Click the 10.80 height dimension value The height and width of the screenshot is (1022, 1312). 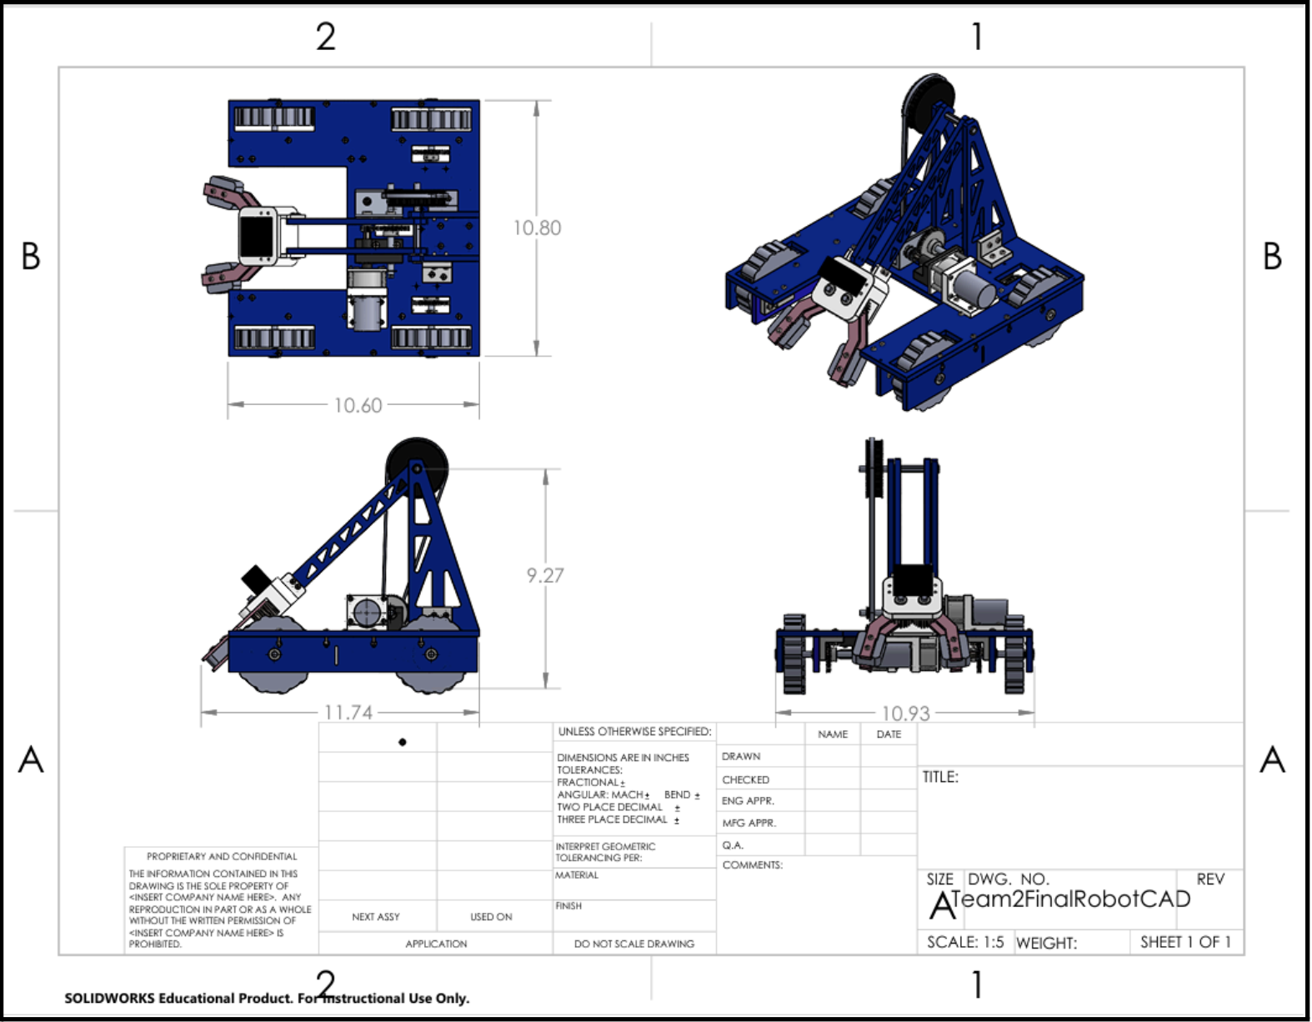(x=537, y=228)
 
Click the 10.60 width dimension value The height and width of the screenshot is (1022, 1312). (x=358, y=405)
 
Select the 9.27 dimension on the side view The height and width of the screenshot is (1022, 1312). (x=545, y=575)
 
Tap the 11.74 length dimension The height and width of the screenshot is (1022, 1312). (x=348, y=713)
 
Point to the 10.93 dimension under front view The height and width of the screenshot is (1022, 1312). (x=905, y=714)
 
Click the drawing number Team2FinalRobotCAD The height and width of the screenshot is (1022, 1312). (x=1071, y=899)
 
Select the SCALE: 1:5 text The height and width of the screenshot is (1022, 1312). (x=965, y=942)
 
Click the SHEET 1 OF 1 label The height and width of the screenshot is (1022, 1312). (x=1185, y=942)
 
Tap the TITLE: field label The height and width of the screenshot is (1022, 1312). (x=940, y=777)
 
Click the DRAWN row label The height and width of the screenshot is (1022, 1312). (x=741, y=756)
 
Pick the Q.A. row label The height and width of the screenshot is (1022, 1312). (x=733, y=844)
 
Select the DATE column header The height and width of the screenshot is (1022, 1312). (x=889, y=734)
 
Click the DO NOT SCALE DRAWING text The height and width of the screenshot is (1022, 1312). (x=633, y=944)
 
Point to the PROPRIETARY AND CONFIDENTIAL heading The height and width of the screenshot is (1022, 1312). (x=222, y=856)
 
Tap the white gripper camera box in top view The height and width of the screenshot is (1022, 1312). (x=258, y=235)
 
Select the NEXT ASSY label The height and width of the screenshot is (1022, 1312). (x=376, y=917)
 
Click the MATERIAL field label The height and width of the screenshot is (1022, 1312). (x=577, y=875)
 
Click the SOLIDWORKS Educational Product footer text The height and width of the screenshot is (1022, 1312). (x=267, y=998)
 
